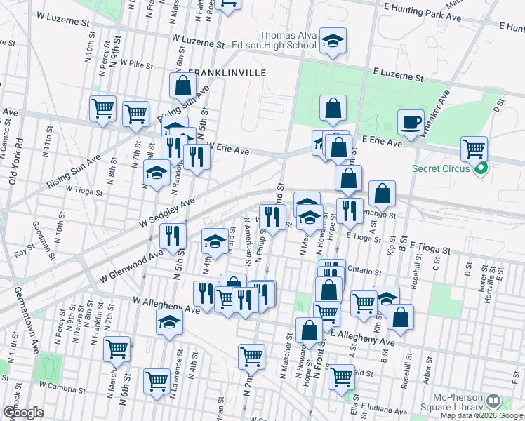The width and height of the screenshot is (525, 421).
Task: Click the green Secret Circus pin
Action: (x=481, y=168)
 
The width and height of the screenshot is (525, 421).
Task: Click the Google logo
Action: (x=23, y=413)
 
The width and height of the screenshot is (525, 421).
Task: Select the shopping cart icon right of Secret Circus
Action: (x=474, y=149)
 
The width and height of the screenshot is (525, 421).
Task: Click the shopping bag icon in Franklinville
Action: (x=182, y=86)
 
